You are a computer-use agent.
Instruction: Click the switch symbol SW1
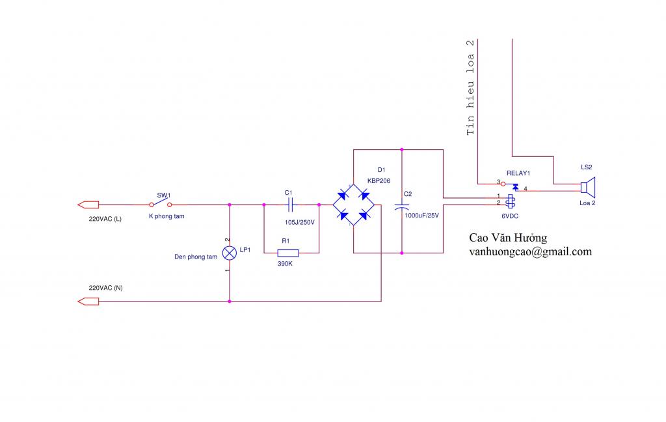click(160, 204)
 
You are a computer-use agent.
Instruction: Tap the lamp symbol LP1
click(229, 252)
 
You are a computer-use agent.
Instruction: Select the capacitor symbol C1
click(291, 204)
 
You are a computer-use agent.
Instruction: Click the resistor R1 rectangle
click(287, 252)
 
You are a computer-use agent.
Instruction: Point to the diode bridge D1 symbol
click(354, 204)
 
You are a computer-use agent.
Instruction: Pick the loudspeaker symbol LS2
click(587, 188)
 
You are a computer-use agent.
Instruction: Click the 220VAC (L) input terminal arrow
click(87, 204)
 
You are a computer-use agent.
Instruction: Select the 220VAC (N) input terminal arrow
click(87, 302)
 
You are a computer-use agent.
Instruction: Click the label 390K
click(286, 263)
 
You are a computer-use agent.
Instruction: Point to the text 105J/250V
click(300, 222)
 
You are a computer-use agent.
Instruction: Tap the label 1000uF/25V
click(422, 215)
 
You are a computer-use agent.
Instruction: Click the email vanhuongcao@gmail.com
click(530, 252)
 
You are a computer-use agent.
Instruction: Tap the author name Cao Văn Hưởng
click(508, 238)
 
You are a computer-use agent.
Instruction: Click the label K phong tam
click(166, 216)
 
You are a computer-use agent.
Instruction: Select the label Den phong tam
click(196, 257)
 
